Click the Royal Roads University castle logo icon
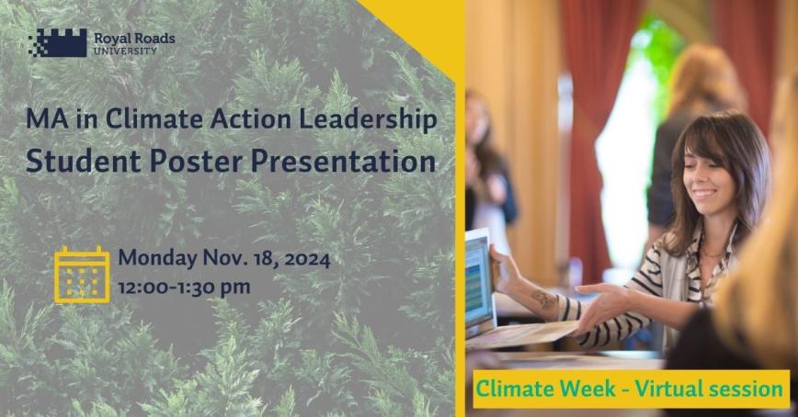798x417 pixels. click(x=57, y=41)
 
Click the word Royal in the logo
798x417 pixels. click(x=113, y=38)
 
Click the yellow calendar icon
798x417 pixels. click(x=82, y=274)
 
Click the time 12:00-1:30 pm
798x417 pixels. click(x=184, y=287)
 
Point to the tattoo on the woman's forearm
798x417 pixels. click(x=542, y=299)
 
